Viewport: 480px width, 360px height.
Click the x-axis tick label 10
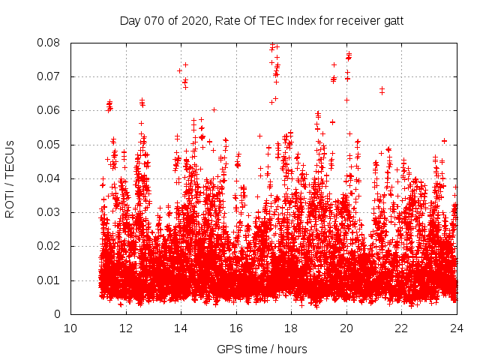coord(70,328)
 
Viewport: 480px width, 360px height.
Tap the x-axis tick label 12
coord(125,328)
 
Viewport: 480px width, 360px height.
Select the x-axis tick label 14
coord(181,328)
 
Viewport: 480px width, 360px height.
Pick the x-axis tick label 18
coord(291,328)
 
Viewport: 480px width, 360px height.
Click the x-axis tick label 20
coord(346,328)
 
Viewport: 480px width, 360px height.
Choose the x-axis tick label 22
coord(401,328)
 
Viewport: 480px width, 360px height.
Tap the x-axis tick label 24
coord(457,328)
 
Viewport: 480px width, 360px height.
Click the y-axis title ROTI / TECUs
coord(10,178)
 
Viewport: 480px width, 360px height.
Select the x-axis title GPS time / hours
coord(262,349)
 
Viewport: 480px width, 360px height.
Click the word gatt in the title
coord(393,21)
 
